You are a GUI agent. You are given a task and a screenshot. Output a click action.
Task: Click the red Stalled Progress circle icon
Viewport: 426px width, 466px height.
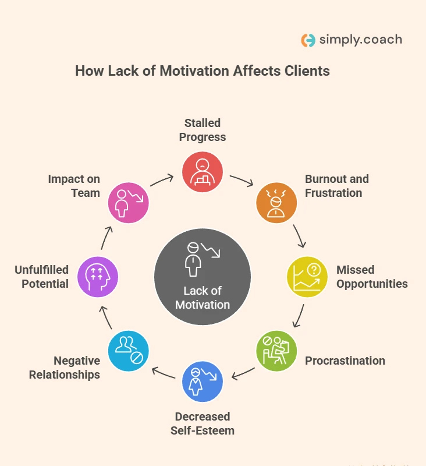pos(203,172)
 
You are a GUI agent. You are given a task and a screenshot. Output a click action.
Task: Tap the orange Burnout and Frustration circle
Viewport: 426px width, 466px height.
pos(276,203)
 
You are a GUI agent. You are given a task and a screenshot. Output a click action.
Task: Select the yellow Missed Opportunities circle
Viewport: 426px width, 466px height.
pos(307,277)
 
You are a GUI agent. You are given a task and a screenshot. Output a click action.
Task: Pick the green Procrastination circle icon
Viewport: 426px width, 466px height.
pos(276,351)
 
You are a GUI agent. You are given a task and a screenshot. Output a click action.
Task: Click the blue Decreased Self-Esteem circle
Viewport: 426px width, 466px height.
pos(203,382)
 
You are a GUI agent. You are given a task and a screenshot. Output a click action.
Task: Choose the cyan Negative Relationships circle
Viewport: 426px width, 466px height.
pos(129,351)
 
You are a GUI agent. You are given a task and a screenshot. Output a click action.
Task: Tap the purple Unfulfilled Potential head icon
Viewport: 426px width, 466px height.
pos(98,277)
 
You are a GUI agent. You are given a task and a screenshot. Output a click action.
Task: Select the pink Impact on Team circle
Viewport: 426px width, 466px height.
pos(129,203)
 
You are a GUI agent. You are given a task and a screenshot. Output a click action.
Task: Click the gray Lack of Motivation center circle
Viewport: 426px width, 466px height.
pos(203,277)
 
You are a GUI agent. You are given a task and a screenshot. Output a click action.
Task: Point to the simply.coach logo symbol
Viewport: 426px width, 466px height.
pos(308,40)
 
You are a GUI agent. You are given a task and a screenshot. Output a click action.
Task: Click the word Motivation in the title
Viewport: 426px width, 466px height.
pos(191,71)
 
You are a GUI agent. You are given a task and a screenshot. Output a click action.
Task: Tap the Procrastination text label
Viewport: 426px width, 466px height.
pos(345,361)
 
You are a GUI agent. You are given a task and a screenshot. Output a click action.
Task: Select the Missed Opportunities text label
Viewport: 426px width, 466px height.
pos(372,277)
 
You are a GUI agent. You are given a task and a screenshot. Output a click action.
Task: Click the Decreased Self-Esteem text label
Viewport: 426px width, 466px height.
pos(203,423)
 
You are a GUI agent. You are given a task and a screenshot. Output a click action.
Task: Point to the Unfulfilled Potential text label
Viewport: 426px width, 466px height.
pos(42,277)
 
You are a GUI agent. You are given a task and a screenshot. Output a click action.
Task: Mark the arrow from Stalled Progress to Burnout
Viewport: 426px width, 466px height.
pos(242,181)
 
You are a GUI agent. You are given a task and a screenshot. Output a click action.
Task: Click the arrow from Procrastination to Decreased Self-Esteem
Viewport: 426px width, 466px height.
pos(243,372)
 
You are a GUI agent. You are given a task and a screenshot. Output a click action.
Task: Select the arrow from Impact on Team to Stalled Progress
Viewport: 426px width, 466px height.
pos(163,180)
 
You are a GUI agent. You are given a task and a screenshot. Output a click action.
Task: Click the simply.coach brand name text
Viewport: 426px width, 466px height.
pos(360,40)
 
